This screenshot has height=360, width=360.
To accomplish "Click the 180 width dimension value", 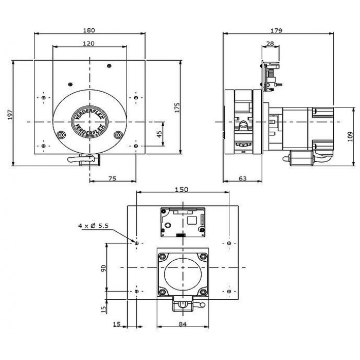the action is (89, 30).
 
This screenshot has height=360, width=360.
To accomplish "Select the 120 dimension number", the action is (88, 43).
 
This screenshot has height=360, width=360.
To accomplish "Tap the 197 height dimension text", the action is (10, 114).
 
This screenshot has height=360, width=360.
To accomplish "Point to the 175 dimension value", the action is (177, 107).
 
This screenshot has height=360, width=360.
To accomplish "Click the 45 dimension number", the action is (159, 134).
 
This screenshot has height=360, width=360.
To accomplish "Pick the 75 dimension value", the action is (112, 178).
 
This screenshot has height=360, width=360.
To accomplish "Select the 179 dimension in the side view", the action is (276, 30).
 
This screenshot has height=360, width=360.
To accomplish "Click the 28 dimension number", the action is (270, 43).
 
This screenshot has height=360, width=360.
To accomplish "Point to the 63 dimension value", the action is (243, 178).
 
